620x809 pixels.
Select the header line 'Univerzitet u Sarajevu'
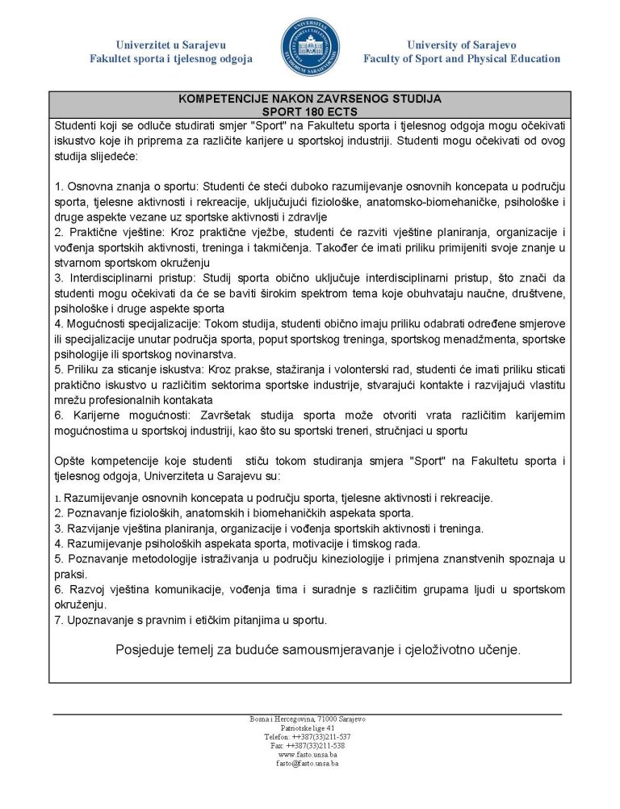click(x=171, y=45)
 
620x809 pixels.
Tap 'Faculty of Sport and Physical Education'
click(x=461, y=59)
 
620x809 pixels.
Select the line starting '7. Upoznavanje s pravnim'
click(x=191, y=620)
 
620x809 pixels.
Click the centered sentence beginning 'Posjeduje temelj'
click(x=318, y=649)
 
